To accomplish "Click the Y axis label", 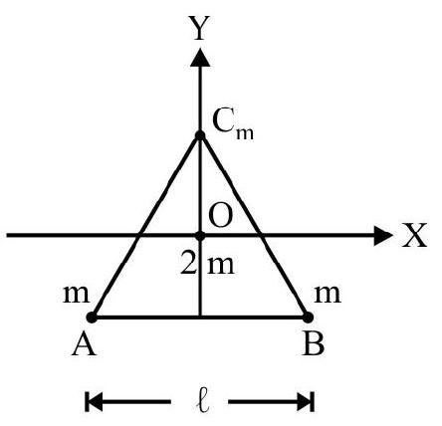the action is pos(199,28).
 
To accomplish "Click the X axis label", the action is pos(415,235).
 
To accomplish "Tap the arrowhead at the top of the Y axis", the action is pos(200,58).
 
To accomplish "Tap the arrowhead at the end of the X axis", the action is pos(383,236).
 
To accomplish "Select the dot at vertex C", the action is pos(200,135).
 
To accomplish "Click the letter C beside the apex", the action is pos(223,121).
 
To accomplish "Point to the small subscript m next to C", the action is pos(245,133).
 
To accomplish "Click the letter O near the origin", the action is pos(220,216).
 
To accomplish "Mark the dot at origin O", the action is pos(200,236).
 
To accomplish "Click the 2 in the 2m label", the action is pos(189,262).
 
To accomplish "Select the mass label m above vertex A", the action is pos(77,295).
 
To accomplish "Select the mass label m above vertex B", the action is pos(328,295).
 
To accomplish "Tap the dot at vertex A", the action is pos(92,318).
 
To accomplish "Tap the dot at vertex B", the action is pos(308,318).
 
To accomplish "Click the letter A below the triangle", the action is pos(85,344).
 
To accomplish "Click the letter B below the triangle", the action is pos(314,344).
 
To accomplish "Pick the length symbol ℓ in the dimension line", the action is pos(202,402).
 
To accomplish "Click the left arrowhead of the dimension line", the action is pos(94,402).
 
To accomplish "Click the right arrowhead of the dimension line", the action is pos(306,402).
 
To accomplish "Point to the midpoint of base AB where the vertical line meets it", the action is pos(200,318).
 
